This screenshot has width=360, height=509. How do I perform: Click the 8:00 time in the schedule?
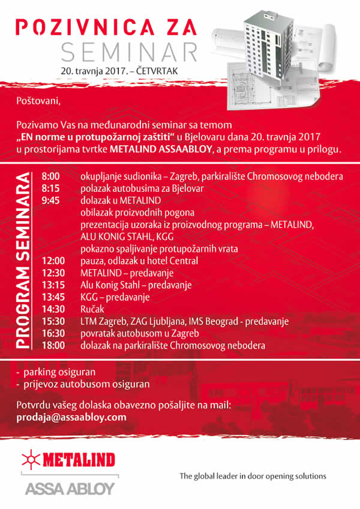(x=51, y=177)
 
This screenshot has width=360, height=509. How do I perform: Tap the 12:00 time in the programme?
(x=53, y=261)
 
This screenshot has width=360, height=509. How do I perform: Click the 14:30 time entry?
(x=53, y=309)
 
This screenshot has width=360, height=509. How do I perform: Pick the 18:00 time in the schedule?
(x=53, y=345)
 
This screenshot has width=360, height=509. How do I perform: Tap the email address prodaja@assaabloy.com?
(x=72, y=417)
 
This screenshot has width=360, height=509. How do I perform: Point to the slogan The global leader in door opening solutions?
(x=253, y=476)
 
